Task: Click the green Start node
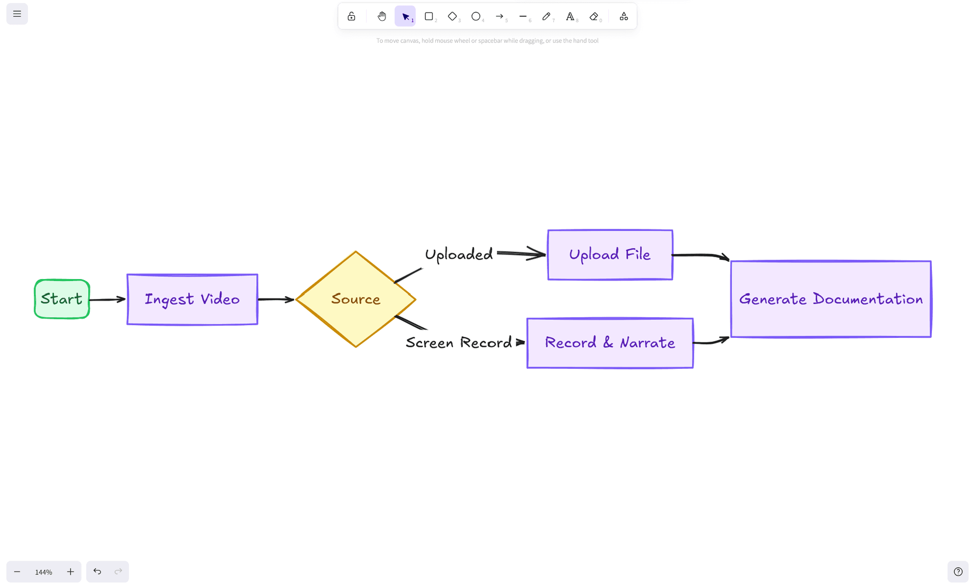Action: [62, 299]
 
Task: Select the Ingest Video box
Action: [192, 299]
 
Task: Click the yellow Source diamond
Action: [356, 299]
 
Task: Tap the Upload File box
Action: [610, 254]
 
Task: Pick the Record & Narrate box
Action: [610, 343]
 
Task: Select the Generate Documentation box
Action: [830, 299]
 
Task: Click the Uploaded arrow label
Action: [459, 254]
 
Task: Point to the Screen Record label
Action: [459, 343]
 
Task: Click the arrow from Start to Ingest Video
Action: [108, 299]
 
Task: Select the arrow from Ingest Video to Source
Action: [275, 299]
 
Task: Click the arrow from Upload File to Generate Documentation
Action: [701, 255]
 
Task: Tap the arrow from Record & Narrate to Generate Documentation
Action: [711, 342]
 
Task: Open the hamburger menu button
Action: [17, 14]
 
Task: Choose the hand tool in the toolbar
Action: [381, 16]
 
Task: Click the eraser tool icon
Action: [594, 16]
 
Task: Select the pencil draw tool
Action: [546, 16]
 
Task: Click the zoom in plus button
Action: [71, 572]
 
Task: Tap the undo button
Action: [97, 572]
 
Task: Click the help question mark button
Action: [958, 572]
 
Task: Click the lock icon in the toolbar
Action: [351, 16]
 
